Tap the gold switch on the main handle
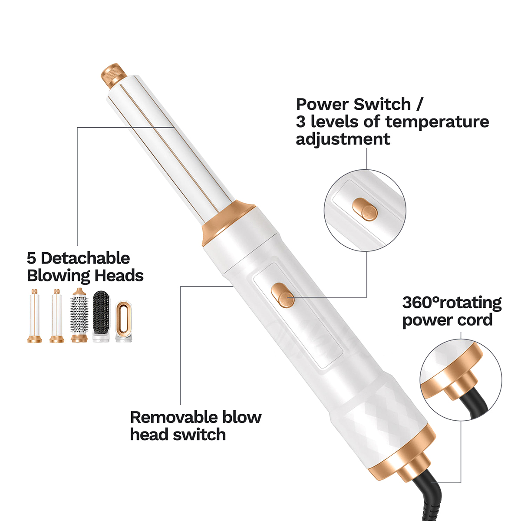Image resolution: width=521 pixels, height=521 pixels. [x=283, y=295]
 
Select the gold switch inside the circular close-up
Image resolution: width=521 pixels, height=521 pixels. [x=365, y=210]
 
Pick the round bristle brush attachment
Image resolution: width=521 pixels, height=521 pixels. [x=79, y=315]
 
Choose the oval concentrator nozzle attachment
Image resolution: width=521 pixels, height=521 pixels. [x=124, y=321]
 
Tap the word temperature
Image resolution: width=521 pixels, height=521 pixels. [x=437, y=122]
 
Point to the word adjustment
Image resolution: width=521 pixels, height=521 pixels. [x=343, y=140]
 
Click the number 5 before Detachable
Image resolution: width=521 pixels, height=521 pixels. [x=31, y=258]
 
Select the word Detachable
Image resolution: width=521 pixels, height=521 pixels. [x=85, y=258]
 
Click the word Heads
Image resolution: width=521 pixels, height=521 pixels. [x=119, y=276]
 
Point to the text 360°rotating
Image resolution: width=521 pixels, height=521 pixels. [x=452, y=303]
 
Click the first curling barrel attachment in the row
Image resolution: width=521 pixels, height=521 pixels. [x=34, y=316]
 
